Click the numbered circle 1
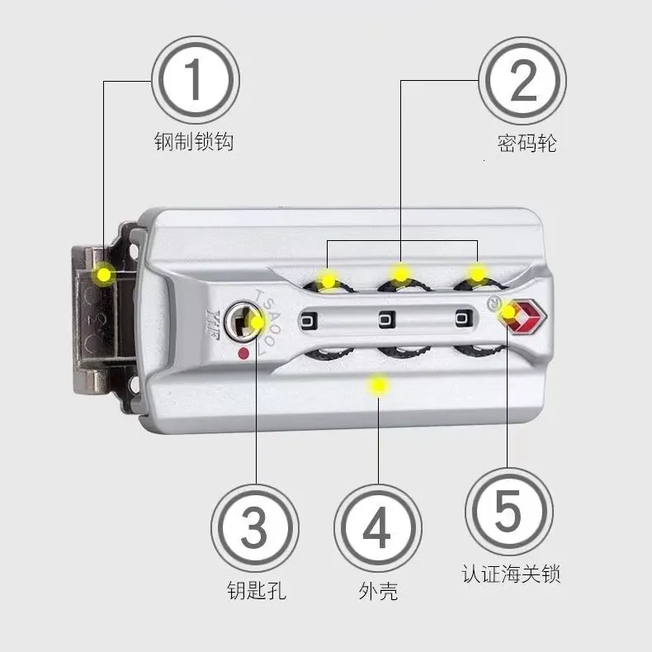click(x=196, y=80)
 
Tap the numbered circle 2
click(x=522, y=80)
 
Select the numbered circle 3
click(x=255, y=528)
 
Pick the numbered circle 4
click(x=378, y=528)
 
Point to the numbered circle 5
click(x=509, y=511)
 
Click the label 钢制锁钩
click(x=194, y=142)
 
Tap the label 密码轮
click(x=527, y=144)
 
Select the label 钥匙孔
click(x=257, y=590)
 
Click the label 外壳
click(x=378, y=591)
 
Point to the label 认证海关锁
click(x=511, y=574)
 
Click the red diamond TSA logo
click(x=526, y=317)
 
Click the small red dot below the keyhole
click(x=243, y=354)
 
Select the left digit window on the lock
click(x=309, y=321)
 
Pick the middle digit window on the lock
click(x=386, y=320)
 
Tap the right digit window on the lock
click(x=464, y=319)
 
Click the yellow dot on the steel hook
click(x=104, y=275)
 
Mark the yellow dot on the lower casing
click(x=378, y=385)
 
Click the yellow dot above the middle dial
click(x=400, y=274)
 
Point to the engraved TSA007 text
click(x=267, y=321)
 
